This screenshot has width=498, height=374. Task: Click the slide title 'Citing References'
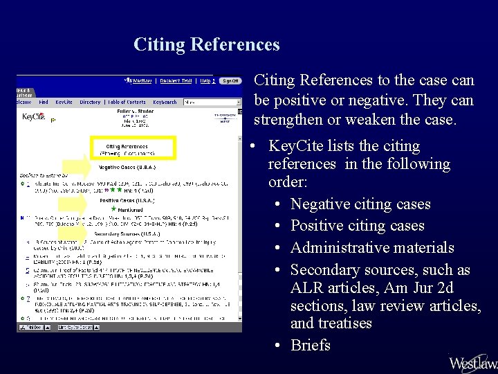[207, 45]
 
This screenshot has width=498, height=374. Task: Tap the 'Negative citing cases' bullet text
[360, 204]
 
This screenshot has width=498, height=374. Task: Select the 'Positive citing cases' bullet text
[357, 226]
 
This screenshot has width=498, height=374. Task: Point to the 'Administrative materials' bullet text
[372, 248]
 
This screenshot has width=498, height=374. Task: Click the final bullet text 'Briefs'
[311, 345]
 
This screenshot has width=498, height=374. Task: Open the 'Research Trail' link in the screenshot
[176, 81]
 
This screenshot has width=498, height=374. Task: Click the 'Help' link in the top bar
[205, 81]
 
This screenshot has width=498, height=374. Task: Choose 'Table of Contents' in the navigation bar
[127, 103]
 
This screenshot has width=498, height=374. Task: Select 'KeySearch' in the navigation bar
[165, 103]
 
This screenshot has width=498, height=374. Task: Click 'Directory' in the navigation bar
[90, 103]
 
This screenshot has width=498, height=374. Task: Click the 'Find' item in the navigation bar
[44, 103]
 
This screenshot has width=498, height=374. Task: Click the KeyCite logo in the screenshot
[33, 117]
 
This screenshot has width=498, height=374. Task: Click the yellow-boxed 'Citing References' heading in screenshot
[127, 147]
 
